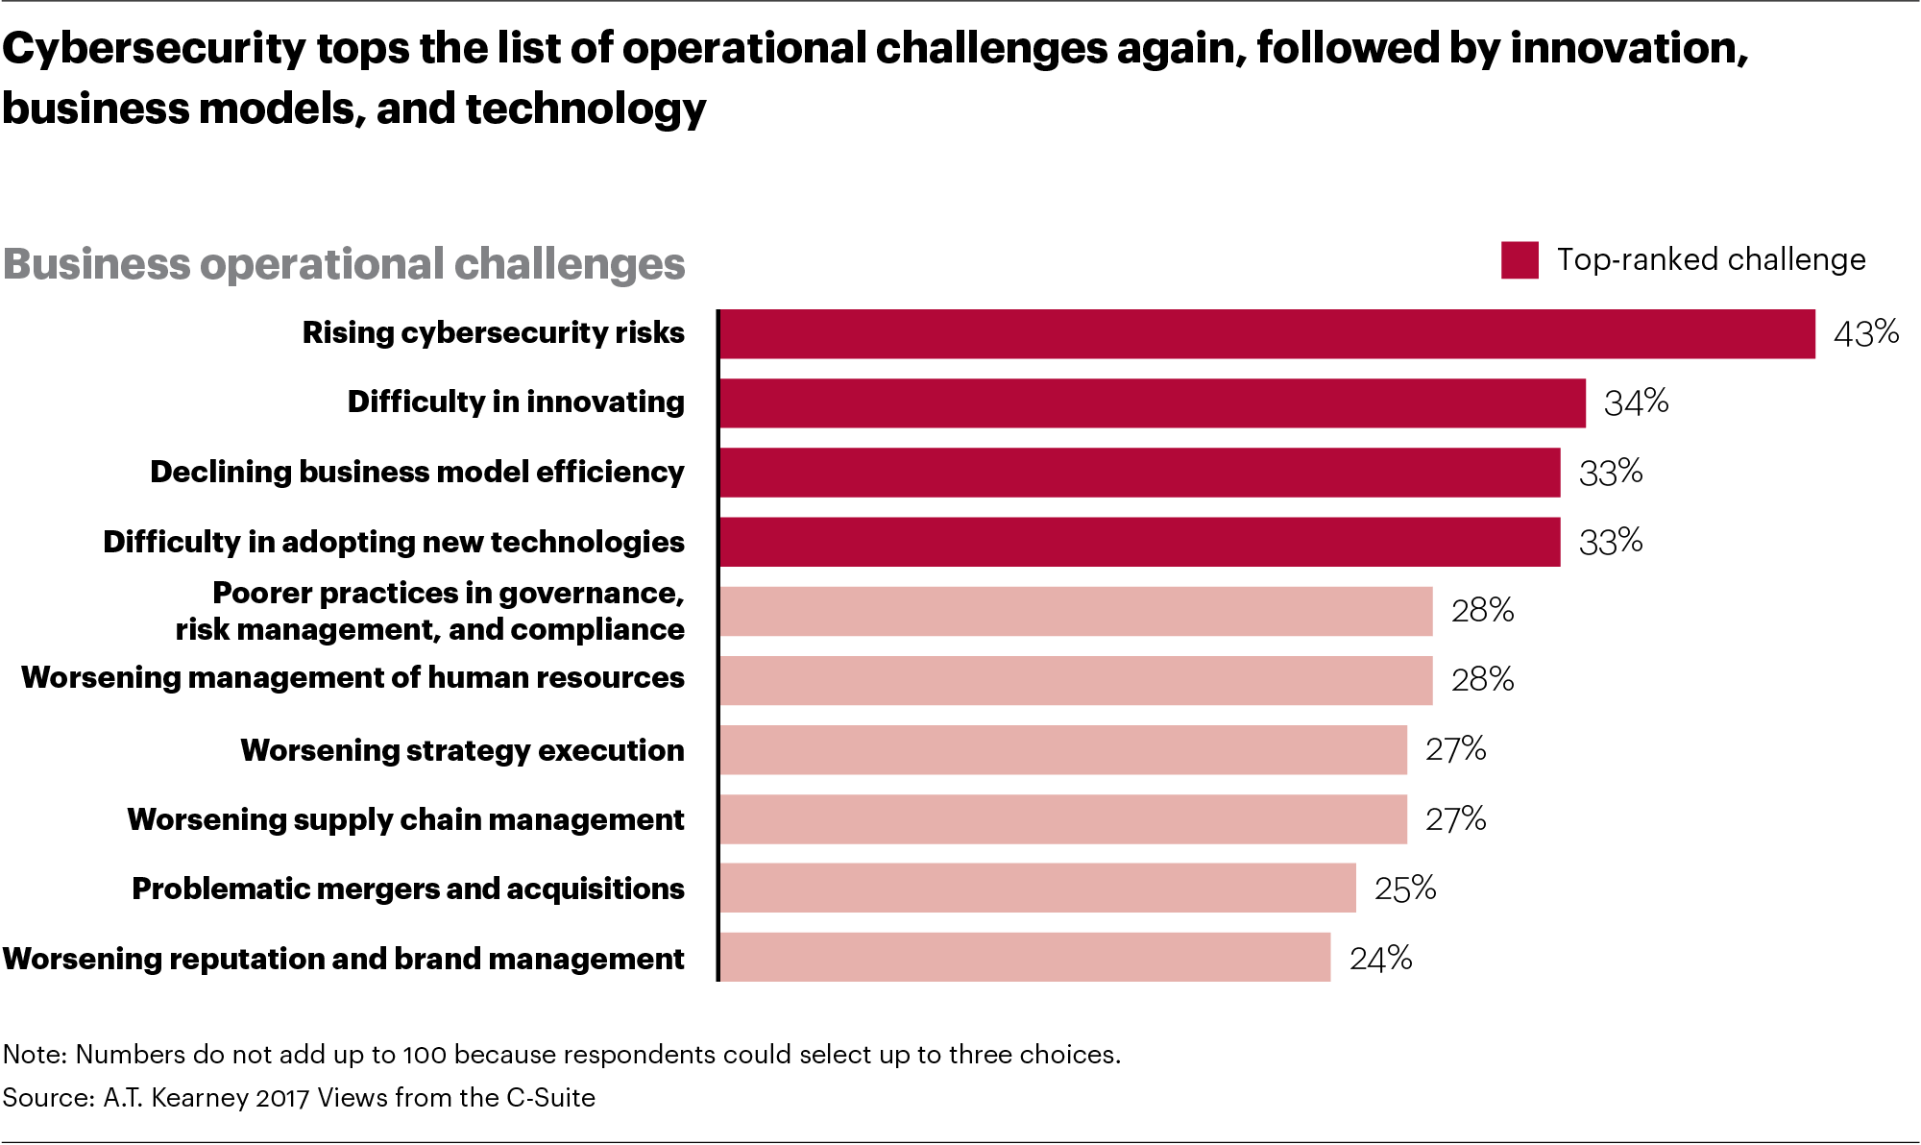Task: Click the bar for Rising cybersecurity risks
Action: point(1266,334)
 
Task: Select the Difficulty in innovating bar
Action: point(1152,403)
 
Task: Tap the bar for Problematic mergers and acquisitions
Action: point(1037,888)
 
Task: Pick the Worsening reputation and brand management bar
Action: point(1025,957)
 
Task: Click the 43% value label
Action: point(1865,333)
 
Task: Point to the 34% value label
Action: point(1636,402)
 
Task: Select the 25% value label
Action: point(1404,889)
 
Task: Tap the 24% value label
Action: point(1380,959)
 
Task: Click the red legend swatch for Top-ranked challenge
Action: point(1520,260)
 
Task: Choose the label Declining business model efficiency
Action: point(417,473)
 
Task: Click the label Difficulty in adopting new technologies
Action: point(394,542)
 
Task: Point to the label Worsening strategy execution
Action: point(462,750)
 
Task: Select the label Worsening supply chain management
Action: point(405,819)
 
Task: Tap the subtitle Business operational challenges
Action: point(344,264)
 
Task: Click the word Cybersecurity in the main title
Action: point(154,48)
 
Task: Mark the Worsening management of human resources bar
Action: point(1076,680)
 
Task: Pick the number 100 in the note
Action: point(424,1055)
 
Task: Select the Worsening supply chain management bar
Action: point(1063,818)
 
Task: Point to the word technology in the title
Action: point(586,109)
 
